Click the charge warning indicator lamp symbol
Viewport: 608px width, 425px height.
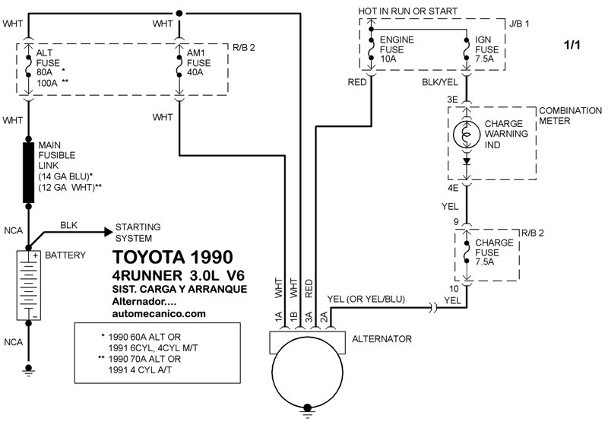coord(467,135)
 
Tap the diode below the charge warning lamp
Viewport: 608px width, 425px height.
coord(467,160)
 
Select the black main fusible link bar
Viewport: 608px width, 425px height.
coord(28,173)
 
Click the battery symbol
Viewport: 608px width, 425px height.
coord(28,285)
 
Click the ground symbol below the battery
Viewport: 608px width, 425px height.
coord(28,370)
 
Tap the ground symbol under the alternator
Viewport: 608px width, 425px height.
coord(308,412)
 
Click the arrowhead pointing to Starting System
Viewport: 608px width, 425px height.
coord(108,233)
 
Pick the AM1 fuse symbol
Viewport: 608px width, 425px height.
coord(179,67)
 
